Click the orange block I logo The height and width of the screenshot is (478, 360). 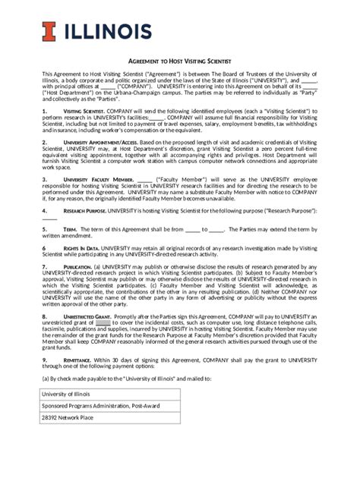tap(48, 31)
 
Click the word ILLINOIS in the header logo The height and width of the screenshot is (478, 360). tap(106, 31)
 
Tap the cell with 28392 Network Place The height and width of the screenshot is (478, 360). tap(68, 417)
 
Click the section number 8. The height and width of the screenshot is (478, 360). tap(44, 316)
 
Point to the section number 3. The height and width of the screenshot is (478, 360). tap(44, 179)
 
